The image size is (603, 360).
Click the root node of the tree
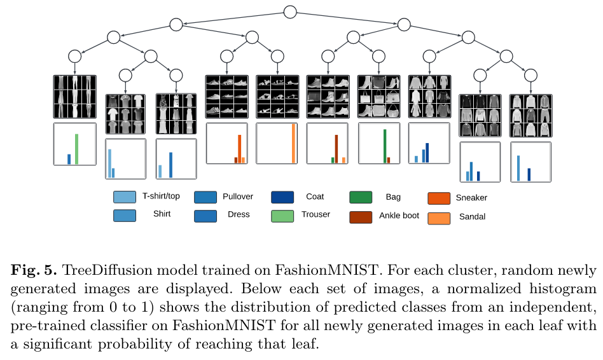[x=290, y=11]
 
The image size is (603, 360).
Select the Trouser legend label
[x=316, y=214]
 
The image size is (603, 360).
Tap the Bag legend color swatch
[x=361, y=198]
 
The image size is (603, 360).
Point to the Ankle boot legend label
[x=399, y=216]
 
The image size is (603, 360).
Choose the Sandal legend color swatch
[x=440, y=218]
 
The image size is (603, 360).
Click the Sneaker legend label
[x=471, y=198]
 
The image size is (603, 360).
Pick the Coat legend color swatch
[x=282, y=197]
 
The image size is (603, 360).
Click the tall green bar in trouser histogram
[x=76, y=149]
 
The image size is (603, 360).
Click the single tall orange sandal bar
[x=293, y=144]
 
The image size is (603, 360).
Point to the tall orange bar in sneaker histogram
[x=240, y=149]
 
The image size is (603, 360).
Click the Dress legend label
[x=239, y=214]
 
